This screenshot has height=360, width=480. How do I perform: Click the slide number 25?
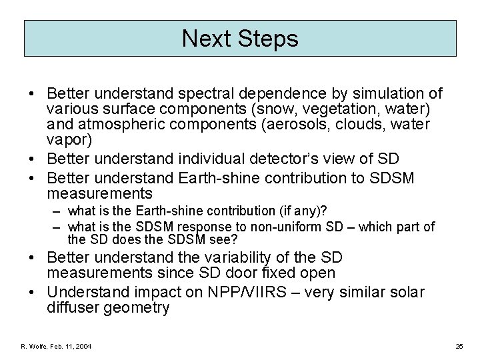[459, 346]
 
